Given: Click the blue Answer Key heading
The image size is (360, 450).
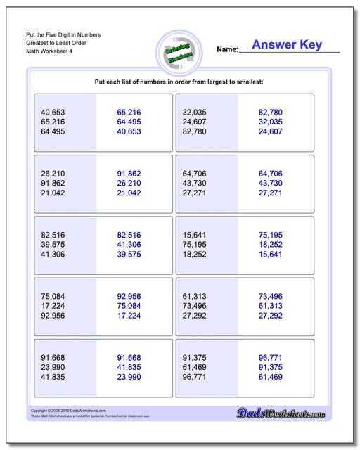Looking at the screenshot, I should click(287, 45).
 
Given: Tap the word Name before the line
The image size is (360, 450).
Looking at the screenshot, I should click(227, 50).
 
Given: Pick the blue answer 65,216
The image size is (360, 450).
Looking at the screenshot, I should click(129, 112).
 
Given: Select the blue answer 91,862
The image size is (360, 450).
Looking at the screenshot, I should click(129, 173).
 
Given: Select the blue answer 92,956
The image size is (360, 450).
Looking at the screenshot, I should click(129, 295).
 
